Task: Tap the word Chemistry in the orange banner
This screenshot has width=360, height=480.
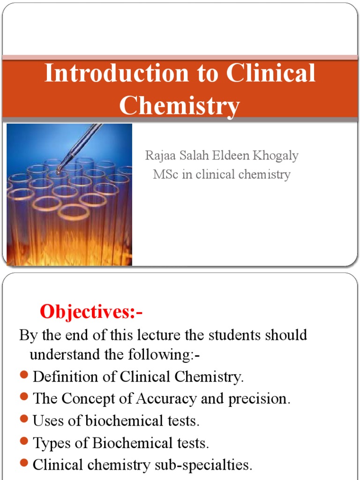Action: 180,105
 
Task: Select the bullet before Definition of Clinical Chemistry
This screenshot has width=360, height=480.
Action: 25,376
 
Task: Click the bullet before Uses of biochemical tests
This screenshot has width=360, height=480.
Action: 25,420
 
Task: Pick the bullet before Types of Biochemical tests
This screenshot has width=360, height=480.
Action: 25,442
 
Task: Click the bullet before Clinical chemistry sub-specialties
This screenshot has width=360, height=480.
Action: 25,464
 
